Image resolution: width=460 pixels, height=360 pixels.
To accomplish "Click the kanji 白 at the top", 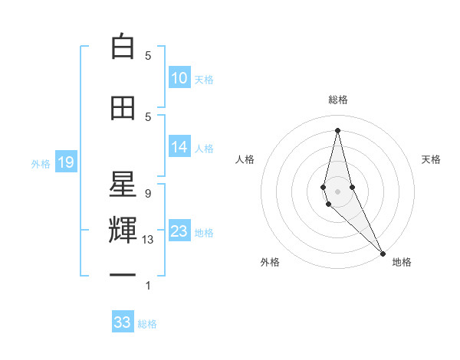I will click(x=123, y=47).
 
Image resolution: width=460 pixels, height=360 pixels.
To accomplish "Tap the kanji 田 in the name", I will click(x=123, y=109).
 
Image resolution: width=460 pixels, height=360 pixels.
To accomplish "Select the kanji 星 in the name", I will click(x=123, y=184).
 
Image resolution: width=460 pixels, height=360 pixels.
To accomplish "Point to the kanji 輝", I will click(x=123, y=230).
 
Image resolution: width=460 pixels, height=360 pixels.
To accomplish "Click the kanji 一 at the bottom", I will click(x=123, y=274).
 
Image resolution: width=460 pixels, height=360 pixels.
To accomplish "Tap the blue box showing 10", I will click(x=179, y=78).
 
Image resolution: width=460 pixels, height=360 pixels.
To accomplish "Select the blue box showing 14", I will click(x=179, y=147).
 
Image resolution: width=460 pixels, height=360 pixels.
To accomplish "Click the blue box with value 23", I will click(x=179, y=231).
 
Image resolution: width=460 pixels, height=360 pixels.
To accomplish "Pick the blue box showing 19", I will click(x=65, y=162).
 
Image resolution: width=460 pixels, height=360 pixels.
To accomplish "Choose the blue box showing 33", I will click(x=123, y=322).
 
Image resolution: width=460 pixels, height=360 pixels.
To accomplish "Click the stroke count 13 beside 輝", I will click(x=148, y=240).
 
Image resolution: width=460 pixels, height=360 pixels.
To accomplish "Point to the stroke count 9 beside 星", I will click(x=148, y=193).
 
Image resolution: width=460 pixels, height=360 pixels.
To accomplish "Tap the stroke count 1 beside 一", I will click(x=148, y=286).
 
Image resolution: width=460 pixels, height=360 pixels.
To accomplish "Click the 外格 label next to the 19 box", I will click(x=40, y=163).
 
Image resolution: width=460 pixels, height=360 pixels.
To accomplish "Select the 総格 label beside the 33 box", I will click(x=147, y=323).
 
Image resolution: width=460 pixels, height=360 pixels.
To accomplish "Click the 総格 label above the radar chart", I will click(x=337, y=100).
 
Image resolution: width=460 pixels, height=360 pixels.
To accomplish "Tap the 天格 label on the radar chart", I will click(x=431, y=159).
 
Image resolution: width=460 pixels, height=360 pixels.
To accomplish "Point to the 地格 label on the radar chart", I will click(x=402, y=263).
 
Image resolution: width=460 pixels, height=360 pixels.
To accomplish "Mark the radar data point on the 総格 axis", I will click(x=337, y=129).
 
